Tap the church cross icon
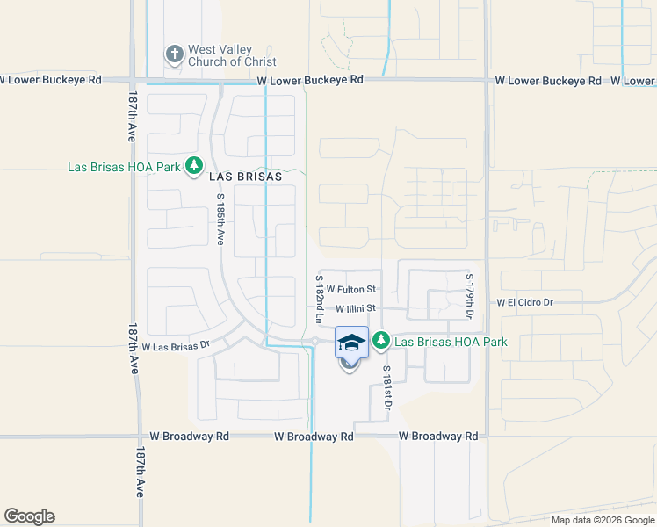(174, 55)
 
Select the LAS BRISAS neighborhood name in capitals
(246, 176)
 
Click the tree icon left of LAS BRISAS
(194, 166)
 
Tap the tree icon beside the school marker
(381, 340)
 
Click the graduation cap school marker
(351, 343)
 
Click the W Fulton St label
(351, 289)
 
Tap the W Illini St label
(356, 308)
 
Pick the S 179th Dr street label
(469, 298)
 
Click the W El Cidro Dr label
(524, 302)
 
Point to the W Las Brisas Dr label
(175, 347)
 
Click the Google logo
(29, 516)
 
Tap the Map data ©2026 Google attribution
(603, 520)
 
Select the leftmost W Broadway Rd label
(189, 436)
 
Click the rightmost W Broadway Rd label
(438, 436)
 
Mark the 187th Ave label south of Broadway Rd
(140, 472)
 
